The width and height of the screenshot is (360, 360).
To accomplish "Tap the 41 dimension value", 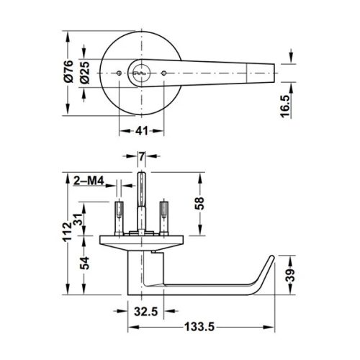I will pos(141,131).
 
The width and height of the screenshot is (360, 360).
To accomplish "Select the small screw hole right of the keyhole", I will pos(165,73).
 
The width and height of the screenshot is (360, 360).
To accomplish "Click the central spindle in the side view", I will pos(142,202).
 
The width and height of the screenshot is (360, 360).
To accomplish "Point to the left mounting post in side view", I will pos(118,216).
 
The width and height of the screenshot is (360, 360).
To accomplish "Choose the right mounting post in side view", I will pos(165,216).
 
